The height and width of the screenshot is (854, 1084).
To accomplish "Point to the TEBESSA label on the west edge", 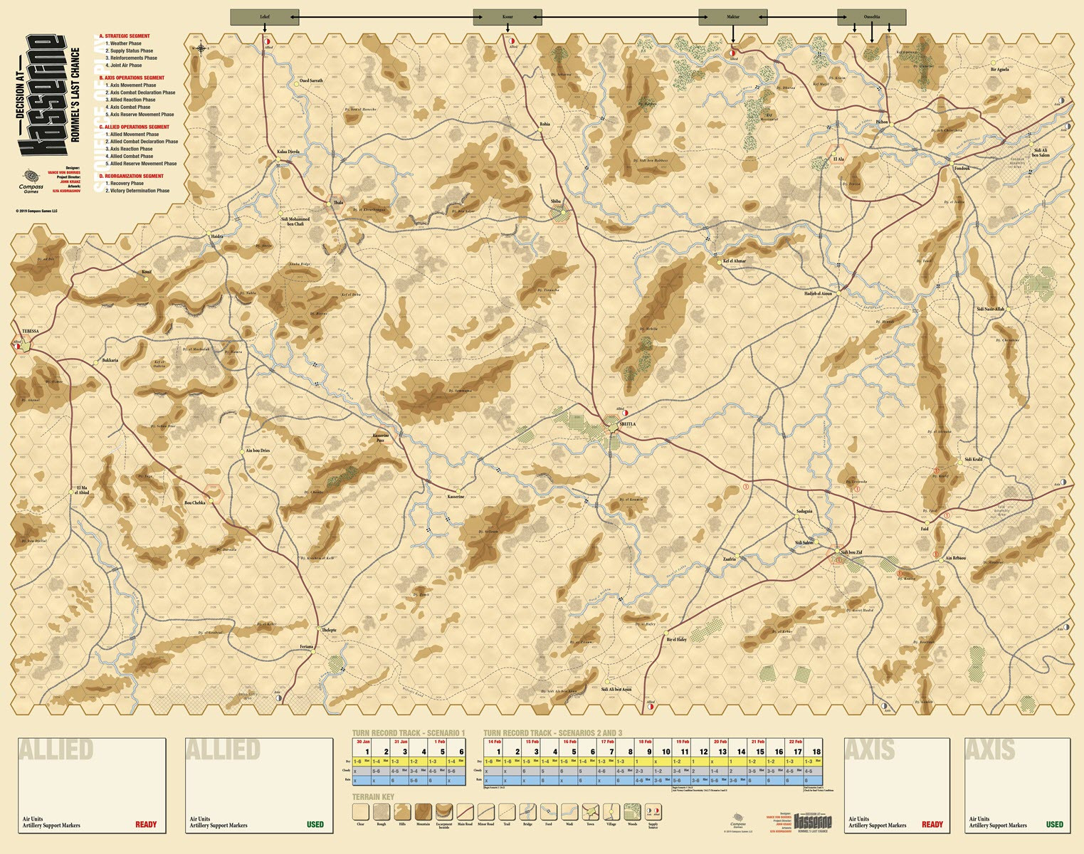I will (x=31, y=332).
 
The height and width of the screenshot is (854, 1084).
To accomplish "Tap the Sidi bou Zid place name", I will (x=851, y=552).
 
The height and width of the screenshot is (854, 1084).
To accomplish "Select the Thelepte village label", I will (x=329, y=631).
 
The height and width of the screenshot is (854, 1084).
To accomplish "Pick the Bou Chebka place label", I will (x=194, y=502).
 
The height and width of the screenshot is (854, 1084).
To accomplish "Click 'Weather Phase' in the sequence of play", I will (x=125, y=43).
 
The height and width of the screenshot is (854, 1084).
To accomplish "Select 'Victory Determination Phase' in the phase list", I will (x=140, y=191).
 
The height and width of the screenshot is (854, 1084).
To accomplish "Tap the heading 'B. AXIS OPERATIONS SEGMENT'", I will (x=132, y=78).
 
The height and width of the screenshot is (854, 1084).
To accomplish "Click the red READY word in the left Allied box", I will (x=146, y=825).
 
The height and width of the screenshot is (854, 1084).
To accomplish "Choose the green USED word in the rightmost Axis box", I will (x=1054, y=825).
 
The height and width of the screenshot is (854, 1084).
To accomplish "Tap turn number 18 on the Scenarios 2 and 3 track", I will (x=816, y=752).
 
